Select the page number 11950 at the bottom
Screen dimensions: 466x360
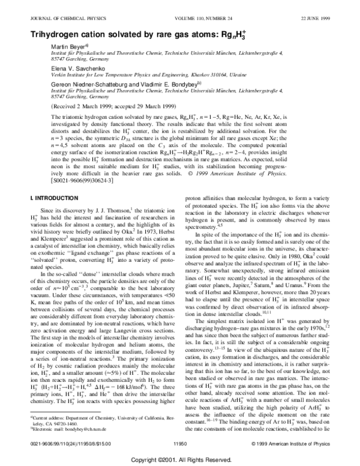pos(181,442)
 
